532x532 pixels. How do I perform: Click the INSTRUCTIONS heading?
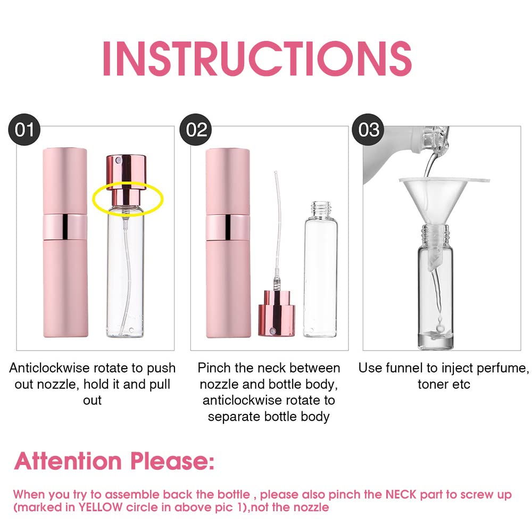click(257, 59)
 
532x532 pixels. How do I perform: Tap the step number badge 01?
click(24, 130)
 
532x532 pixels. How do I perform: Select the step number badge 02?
click(196, 130)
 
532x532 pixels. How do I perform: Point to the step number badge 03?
click(368, 130)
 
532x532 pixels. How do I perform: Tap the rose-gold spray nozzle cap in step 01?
click(126, 180)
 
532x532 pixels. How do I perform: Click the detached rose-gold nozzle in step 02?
click(277, 313)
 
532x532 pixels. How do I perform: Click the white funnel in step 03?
click(441, 204)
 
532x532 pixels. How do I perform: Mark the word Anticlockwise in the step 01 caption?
click(49, 368)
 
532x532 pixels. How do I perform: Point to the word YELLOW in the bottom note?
click(101, 507)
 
